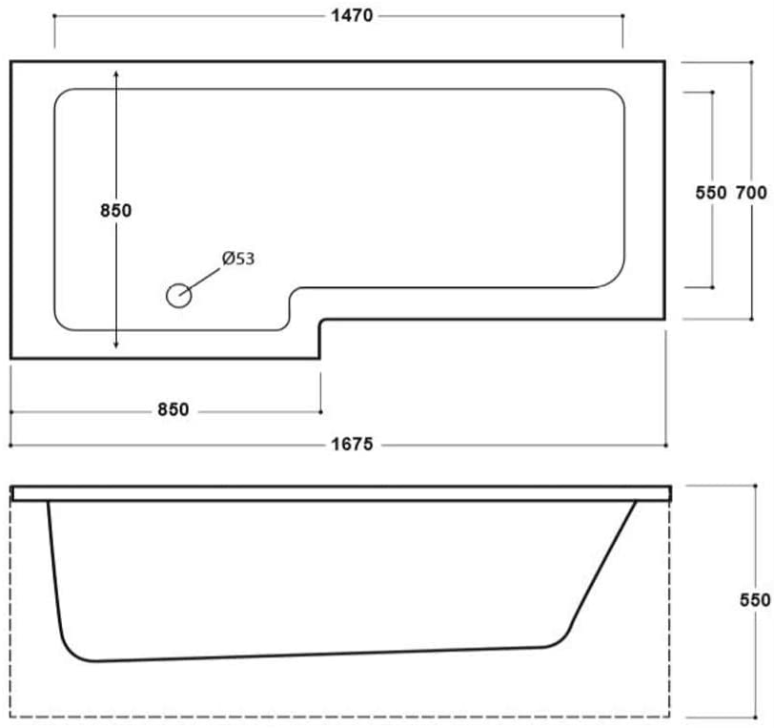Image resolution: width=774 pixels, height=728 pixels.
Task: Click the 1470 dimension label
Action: (x=352, y=16)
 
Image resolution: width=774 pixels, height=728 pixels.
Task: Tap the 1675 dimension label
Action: (x=352, y=445)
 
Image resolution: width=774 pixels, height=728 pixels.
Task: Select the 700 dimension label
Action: (x=751, y=192)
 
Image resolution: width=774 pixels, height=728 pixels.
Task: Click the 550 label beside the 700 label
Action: (x=711, y=192)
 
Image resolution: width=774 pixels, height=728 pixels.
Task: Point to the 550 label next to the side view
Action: (x=755, y=600)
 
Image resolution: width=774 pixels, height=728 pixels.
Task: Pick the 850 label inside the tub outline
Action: (x=116, y=211)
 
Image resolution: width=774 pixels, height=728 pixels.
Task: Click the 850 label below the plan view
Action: (x=173, y=409)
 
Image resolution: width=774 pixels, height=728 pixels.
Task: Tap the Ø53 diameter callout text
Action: (x=238, y=259)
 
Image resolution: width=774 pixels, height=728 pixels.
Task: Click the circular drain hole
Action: (x=178, y=296)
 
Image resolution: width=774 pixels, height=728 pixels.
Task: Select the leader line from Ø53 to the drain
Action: (x=199, y=282)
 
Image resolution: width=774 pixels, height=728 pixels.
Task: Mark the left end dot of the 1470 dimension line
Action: (x=54, y=16)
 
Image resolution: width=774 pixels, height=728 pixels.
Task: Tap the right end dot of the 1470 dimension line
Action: (x=622, y=16)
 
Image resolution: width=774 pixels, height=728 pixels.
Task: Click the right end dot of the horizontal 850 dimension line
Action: (x=321, y=411)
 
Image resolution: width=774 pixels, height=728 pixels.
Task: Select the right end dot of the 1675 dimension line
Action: (x=666, y=446)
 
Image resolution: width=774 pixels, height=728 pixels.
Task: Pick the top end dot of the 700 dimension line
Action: (x=751, y=62)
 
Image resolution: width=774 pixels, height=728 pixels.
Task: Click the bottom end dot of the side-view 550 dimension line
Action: (x=755, y=718)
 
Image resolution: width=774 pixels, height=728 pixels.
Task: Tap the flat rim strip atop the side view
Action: (x=341, y=493)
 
